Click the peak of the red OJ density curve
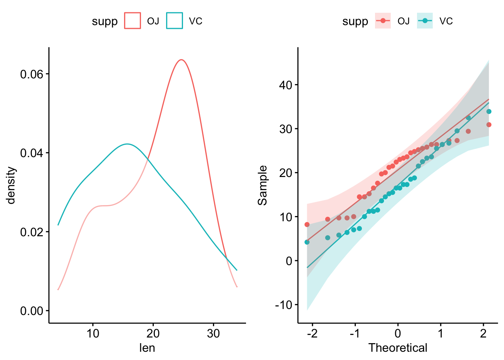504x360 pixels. (x=181, y=60)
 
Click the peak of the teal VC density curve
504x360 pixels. (x=127, y=144)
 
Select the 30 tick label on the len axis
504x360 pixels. (x=213, y=333)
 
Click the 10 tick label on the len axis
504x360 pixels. (x=93, y=333)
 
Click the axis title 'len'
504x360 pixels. (x=147, y=348)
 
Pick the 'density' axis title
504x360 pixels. (x=11, y=185)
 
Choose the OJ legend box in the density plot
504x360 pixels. (x=133, y=21)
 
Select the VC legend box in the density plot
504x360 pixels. (x=175, y=21)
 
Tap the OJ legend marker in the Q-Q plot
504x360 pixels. (x=383, y=21)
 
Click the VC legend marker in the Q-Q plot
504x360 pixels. (x=425, y=21)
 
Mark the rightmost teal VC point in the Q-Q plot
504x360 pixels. (x=489, y=111)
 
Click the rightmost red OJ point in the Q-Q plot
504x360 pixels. (x=489, y=124)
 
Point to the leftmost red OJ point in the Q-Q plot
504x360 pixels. (x=307, y=224)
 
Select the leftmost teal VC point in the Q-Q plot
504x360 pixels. (x=307, y=242)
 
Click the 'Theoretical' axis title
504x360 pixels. (x=397, y=348)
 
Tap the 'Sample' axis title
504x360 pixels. (x=263, y=185)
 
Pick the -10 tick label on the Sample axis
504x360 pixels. (x=283, y=305)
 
